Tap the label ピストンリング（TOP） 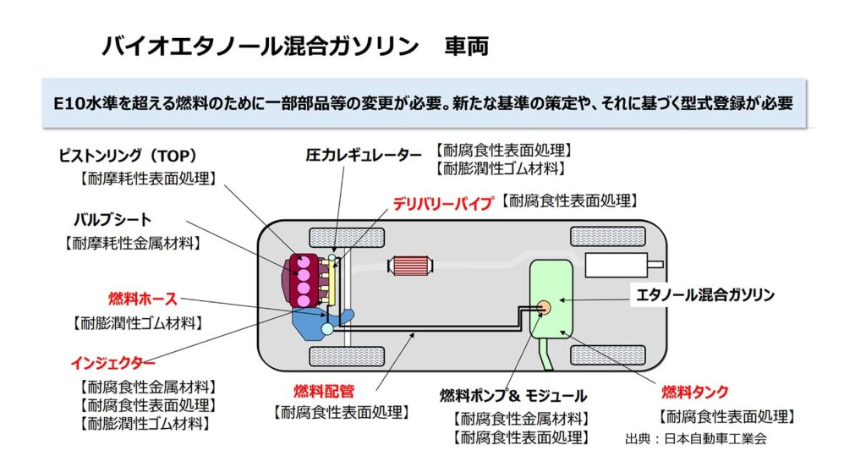click(128, 157)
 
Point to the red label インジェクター click(112, 364)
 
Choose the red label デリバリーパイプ click(442, 203)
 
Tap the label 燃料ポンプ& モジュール click(513, 395)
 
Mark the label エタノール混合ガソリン click(706, 295)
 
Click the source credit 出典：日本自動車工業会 click(697, 439)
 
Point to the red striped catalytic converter click(412, 266)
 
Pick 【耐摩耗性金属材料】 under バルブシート click(133, 243)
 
